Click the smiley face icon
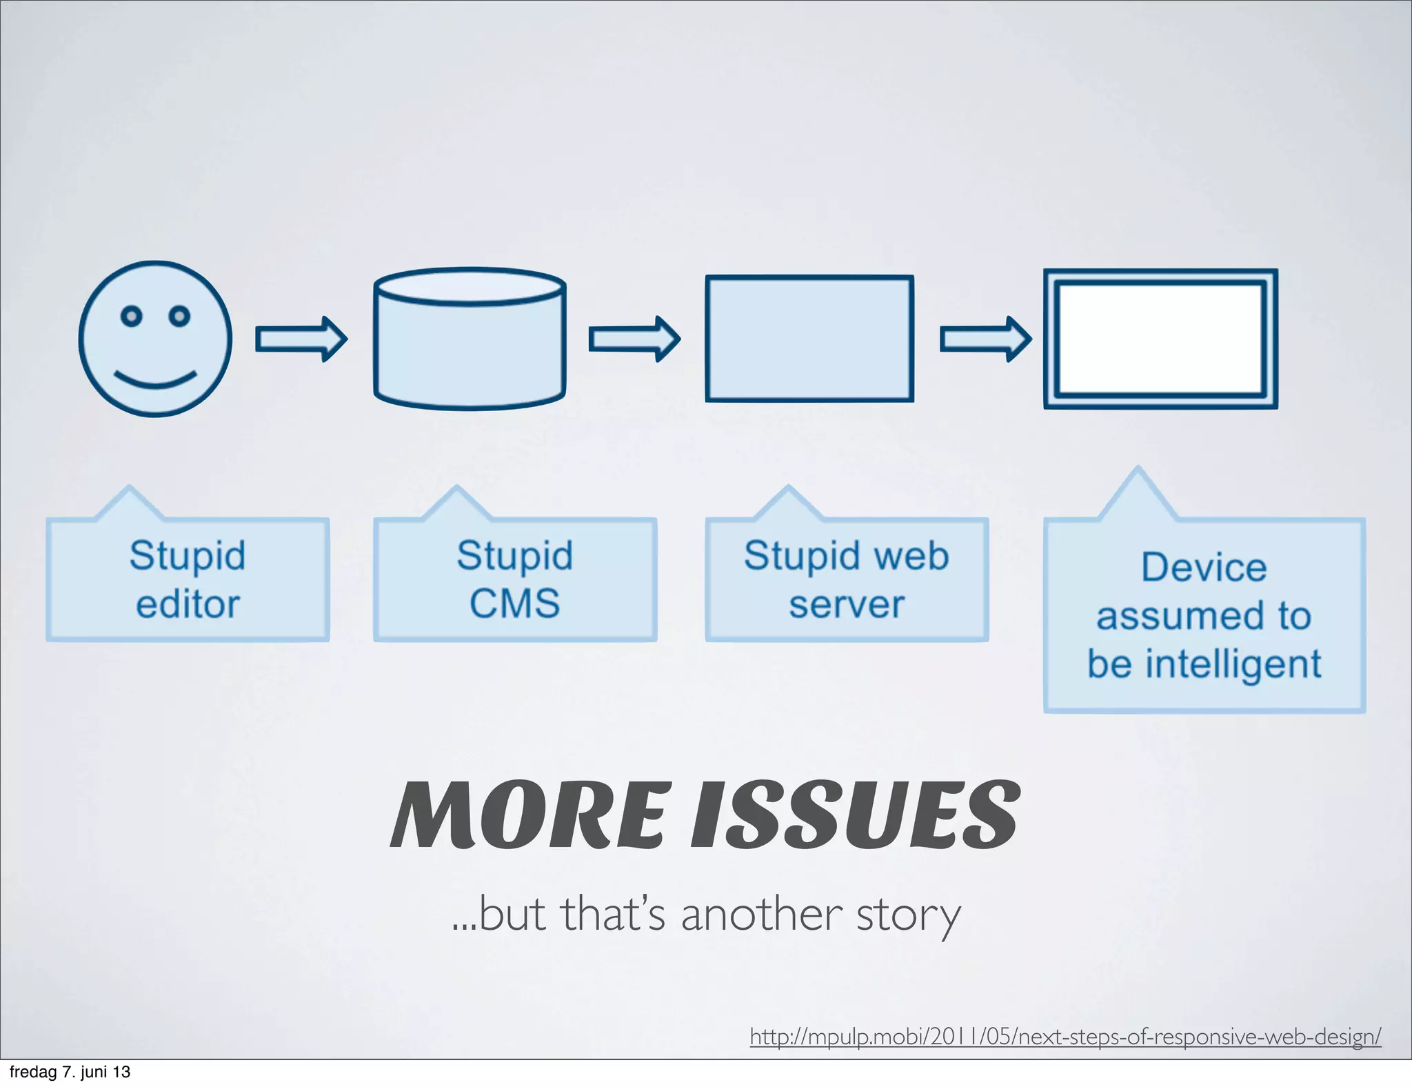tap(155, 339)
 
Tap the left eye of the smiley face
tap(131, 316)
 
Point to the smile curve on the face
tap(155, 380)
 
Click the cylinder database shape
tap(470, 339)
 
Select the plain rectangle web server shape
tap(809, 339)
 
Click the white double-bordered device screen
tap(1160, 339)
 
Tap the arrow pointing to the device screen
tap(985, 339)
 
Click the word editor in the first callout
tap(188, 605)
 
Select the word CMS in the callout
tap(514, 604)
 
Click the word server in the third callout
tap(846, 605)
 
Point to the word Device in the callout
tap(1204, 568)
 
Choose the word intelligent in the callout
tap(1233, 664)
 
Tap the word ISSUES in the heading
tap(855, 815)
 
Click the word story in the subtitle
tap(908, 915)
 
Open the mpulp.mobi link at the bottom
tap(1065, 1036)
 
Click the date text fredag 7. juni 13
tap(70, 1072)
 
